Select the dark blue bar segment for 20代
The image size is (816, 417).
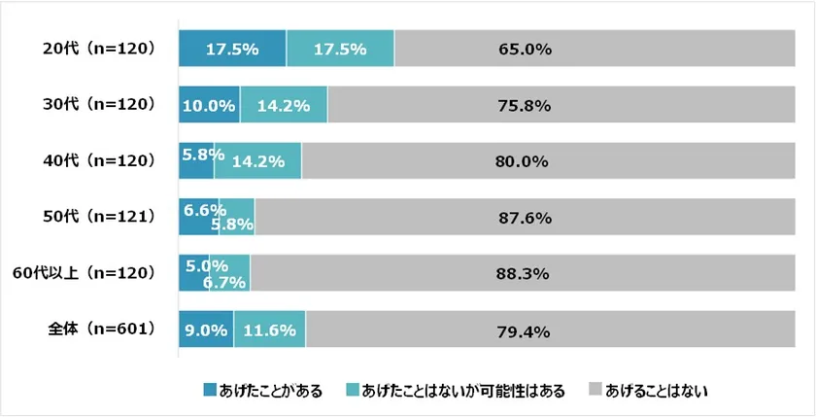coord(232,49)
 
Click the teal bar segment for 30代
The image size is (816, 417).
coord(284,105)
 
